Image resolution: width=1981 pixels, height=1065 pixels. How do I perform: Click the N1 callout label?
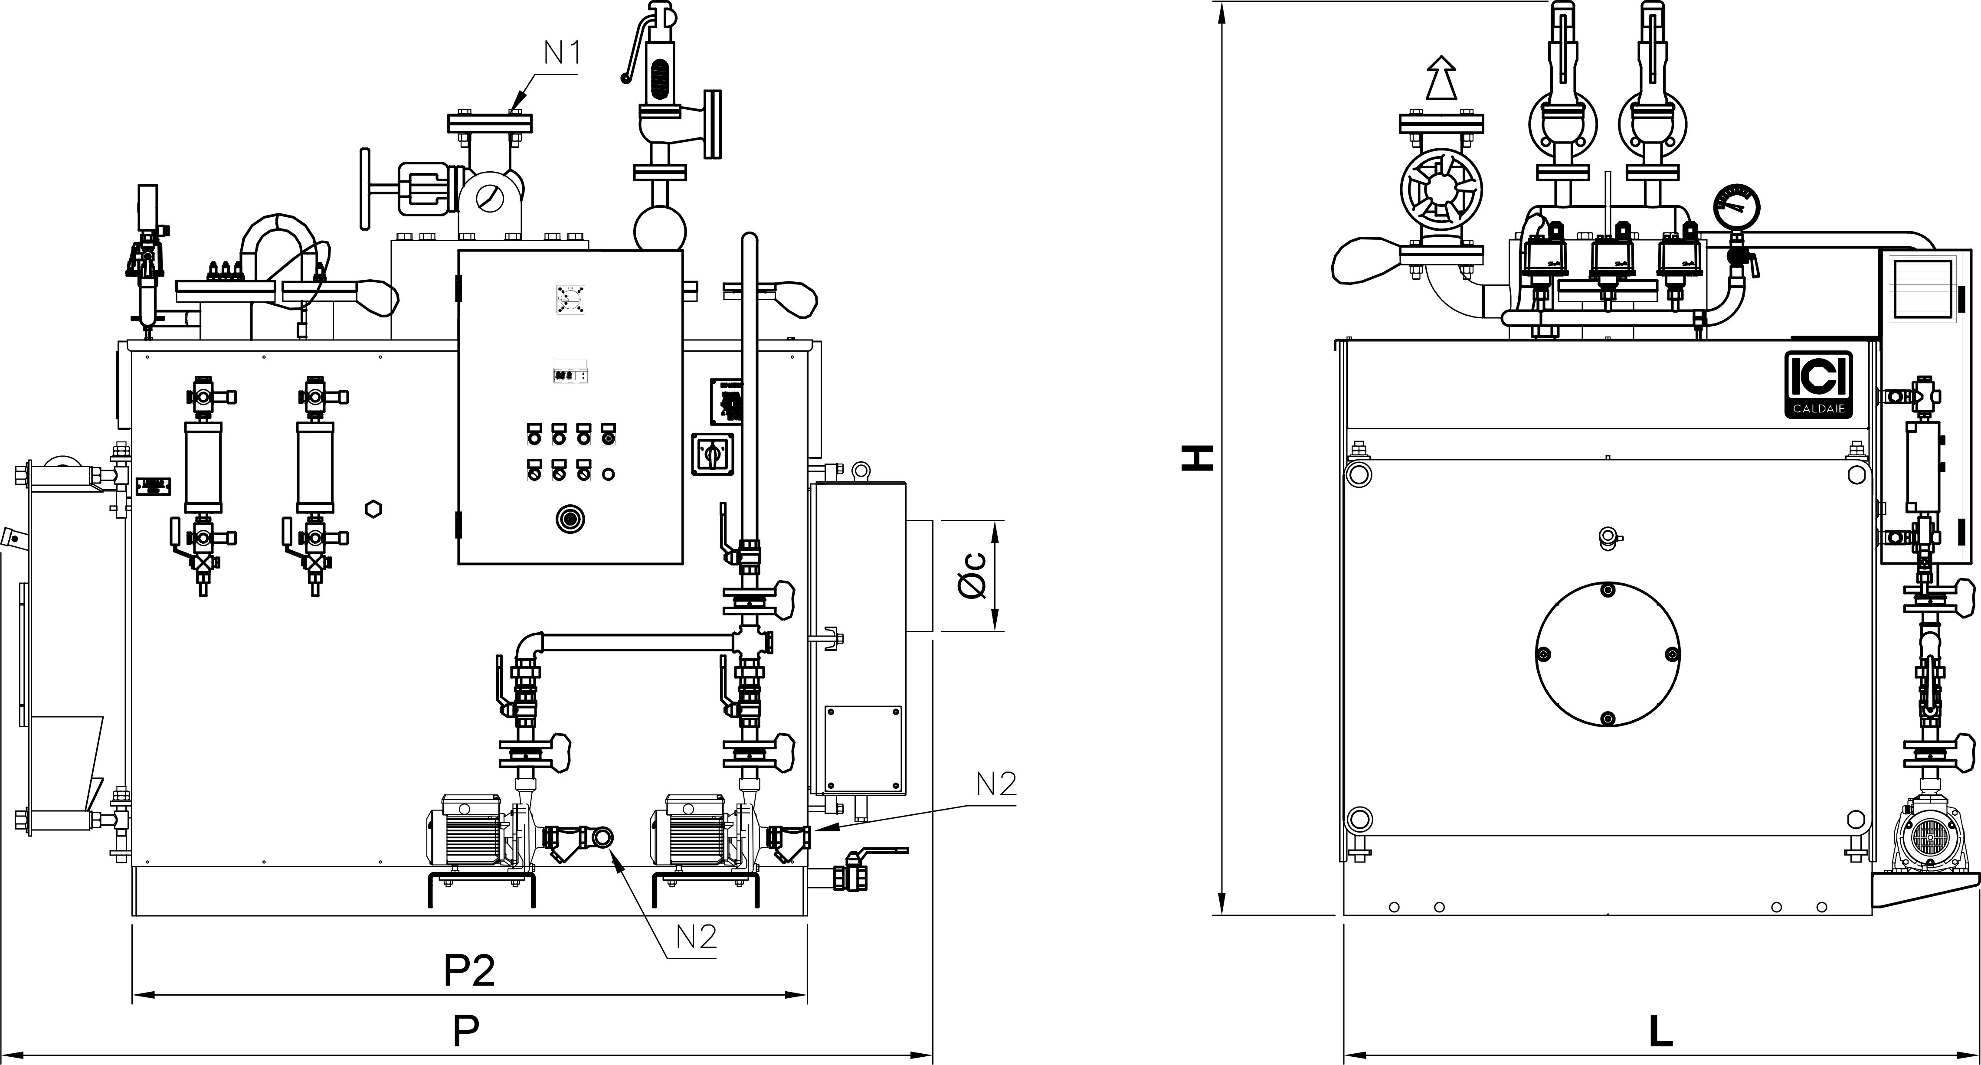(562, 52)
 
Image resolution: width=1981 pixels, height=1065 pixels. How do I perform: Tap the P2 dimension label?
(469, 970)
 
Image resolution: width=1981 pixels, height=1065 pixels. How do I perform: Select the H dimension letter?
(1197, 458)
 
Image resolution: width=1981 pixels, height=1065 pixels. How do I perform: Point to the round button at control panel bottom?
(570, 519)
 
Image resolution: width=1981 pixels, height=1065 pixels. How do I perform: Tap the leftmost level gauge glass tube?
(203, 467)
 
